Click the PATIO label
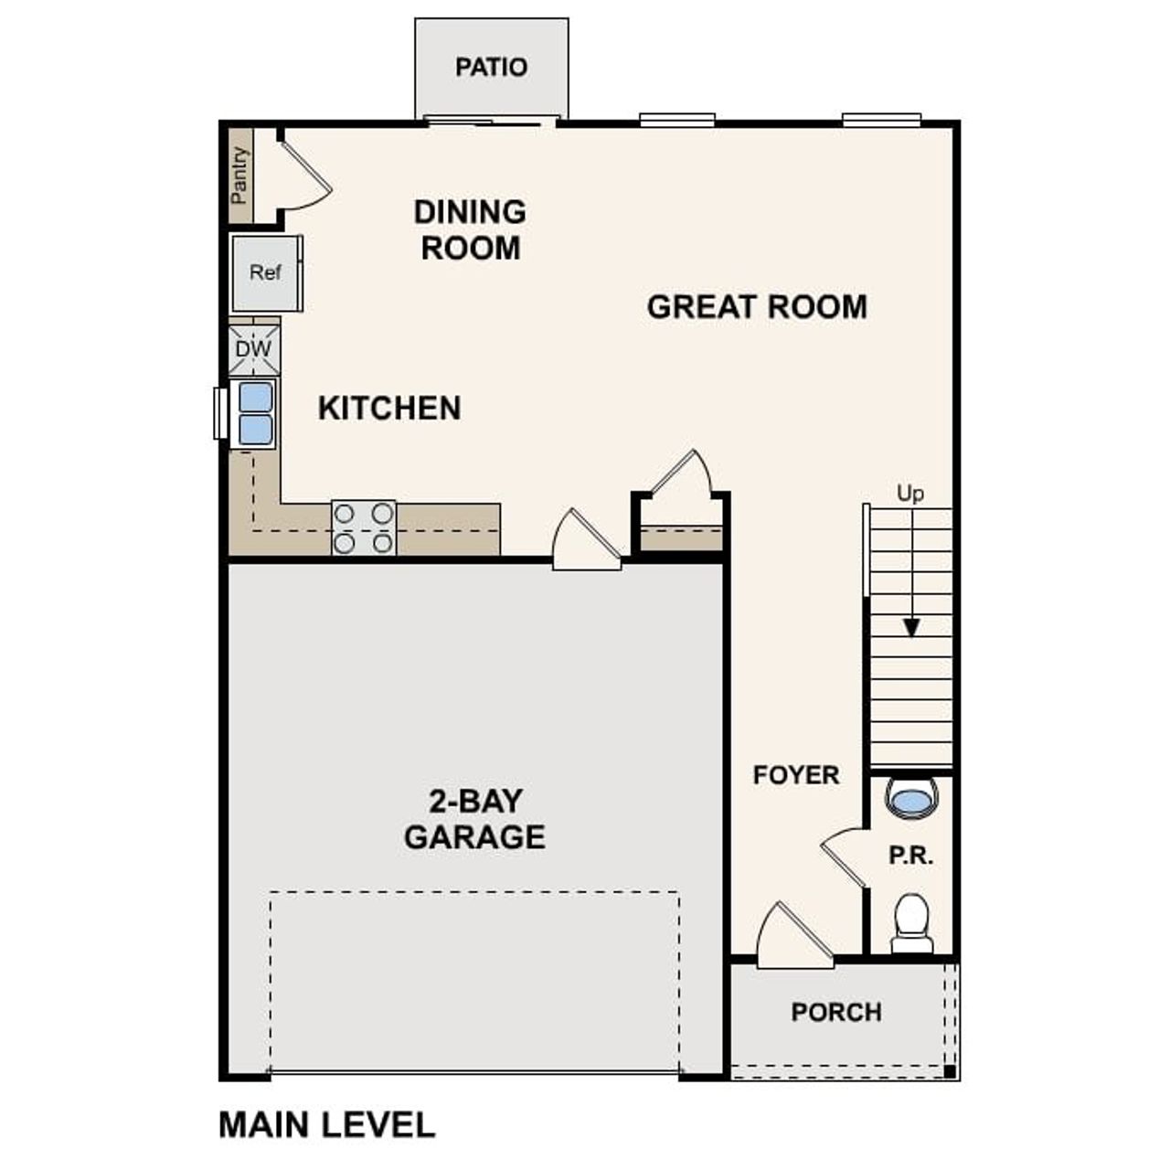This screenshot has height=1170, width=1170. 491,68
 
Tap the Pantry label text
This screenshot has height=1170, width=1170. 239,175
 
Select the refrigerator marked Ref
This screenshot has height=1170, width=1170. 265,272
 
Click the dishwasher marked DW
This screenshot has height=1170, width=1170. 253,349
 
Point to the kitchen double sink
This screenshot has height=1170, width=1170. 255,413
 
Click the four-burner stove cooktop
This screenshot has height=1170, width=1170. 363,528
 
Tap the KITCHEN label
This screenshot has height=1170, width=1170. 389,408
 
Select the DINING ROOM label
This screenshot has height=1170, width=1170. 470,229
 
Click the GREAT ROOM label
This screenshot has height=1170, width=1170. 757,307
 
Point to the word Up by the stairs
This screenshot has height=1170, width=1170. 909,494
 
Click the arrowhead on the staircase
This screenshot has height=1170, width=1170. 911,628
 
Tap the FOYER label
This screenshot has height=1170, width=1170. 795,775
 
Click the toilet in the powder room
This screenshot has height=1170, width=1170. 911,921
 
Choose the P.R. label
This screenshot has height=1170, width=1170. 910,856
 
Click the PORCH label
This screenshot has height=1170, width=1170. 836,1013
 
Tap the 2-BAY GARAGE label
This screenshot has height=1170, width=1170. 474,819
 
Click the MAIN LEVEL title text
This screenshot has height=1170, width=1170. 326,1124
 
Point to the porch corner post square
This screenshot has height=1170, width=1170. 950,1071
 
